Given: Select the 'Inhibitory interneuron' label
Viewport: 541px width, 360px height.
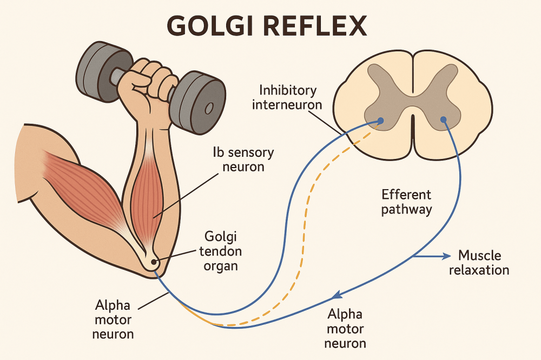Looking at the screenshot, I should tap(287, 97).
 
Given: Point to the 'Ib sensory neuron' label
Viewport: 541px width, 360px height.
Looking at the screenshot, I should tap(243, 159).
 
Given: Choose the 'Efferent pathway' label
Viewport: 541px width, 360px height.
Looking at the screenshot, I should tap(407, 202).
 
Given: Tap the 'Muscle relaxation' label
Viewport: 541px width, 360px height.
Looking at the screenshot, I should tap(483, 262).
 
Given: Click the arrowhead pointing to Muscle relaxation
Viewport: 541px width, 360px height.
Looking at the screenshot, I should tap(446, 256).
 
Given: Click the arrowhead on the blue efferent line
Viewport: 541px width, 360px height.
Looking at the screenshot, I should tap(337, 295).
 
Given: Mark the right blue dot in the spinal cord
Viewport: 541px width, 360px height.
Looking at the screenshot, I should tap(443, 119).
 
